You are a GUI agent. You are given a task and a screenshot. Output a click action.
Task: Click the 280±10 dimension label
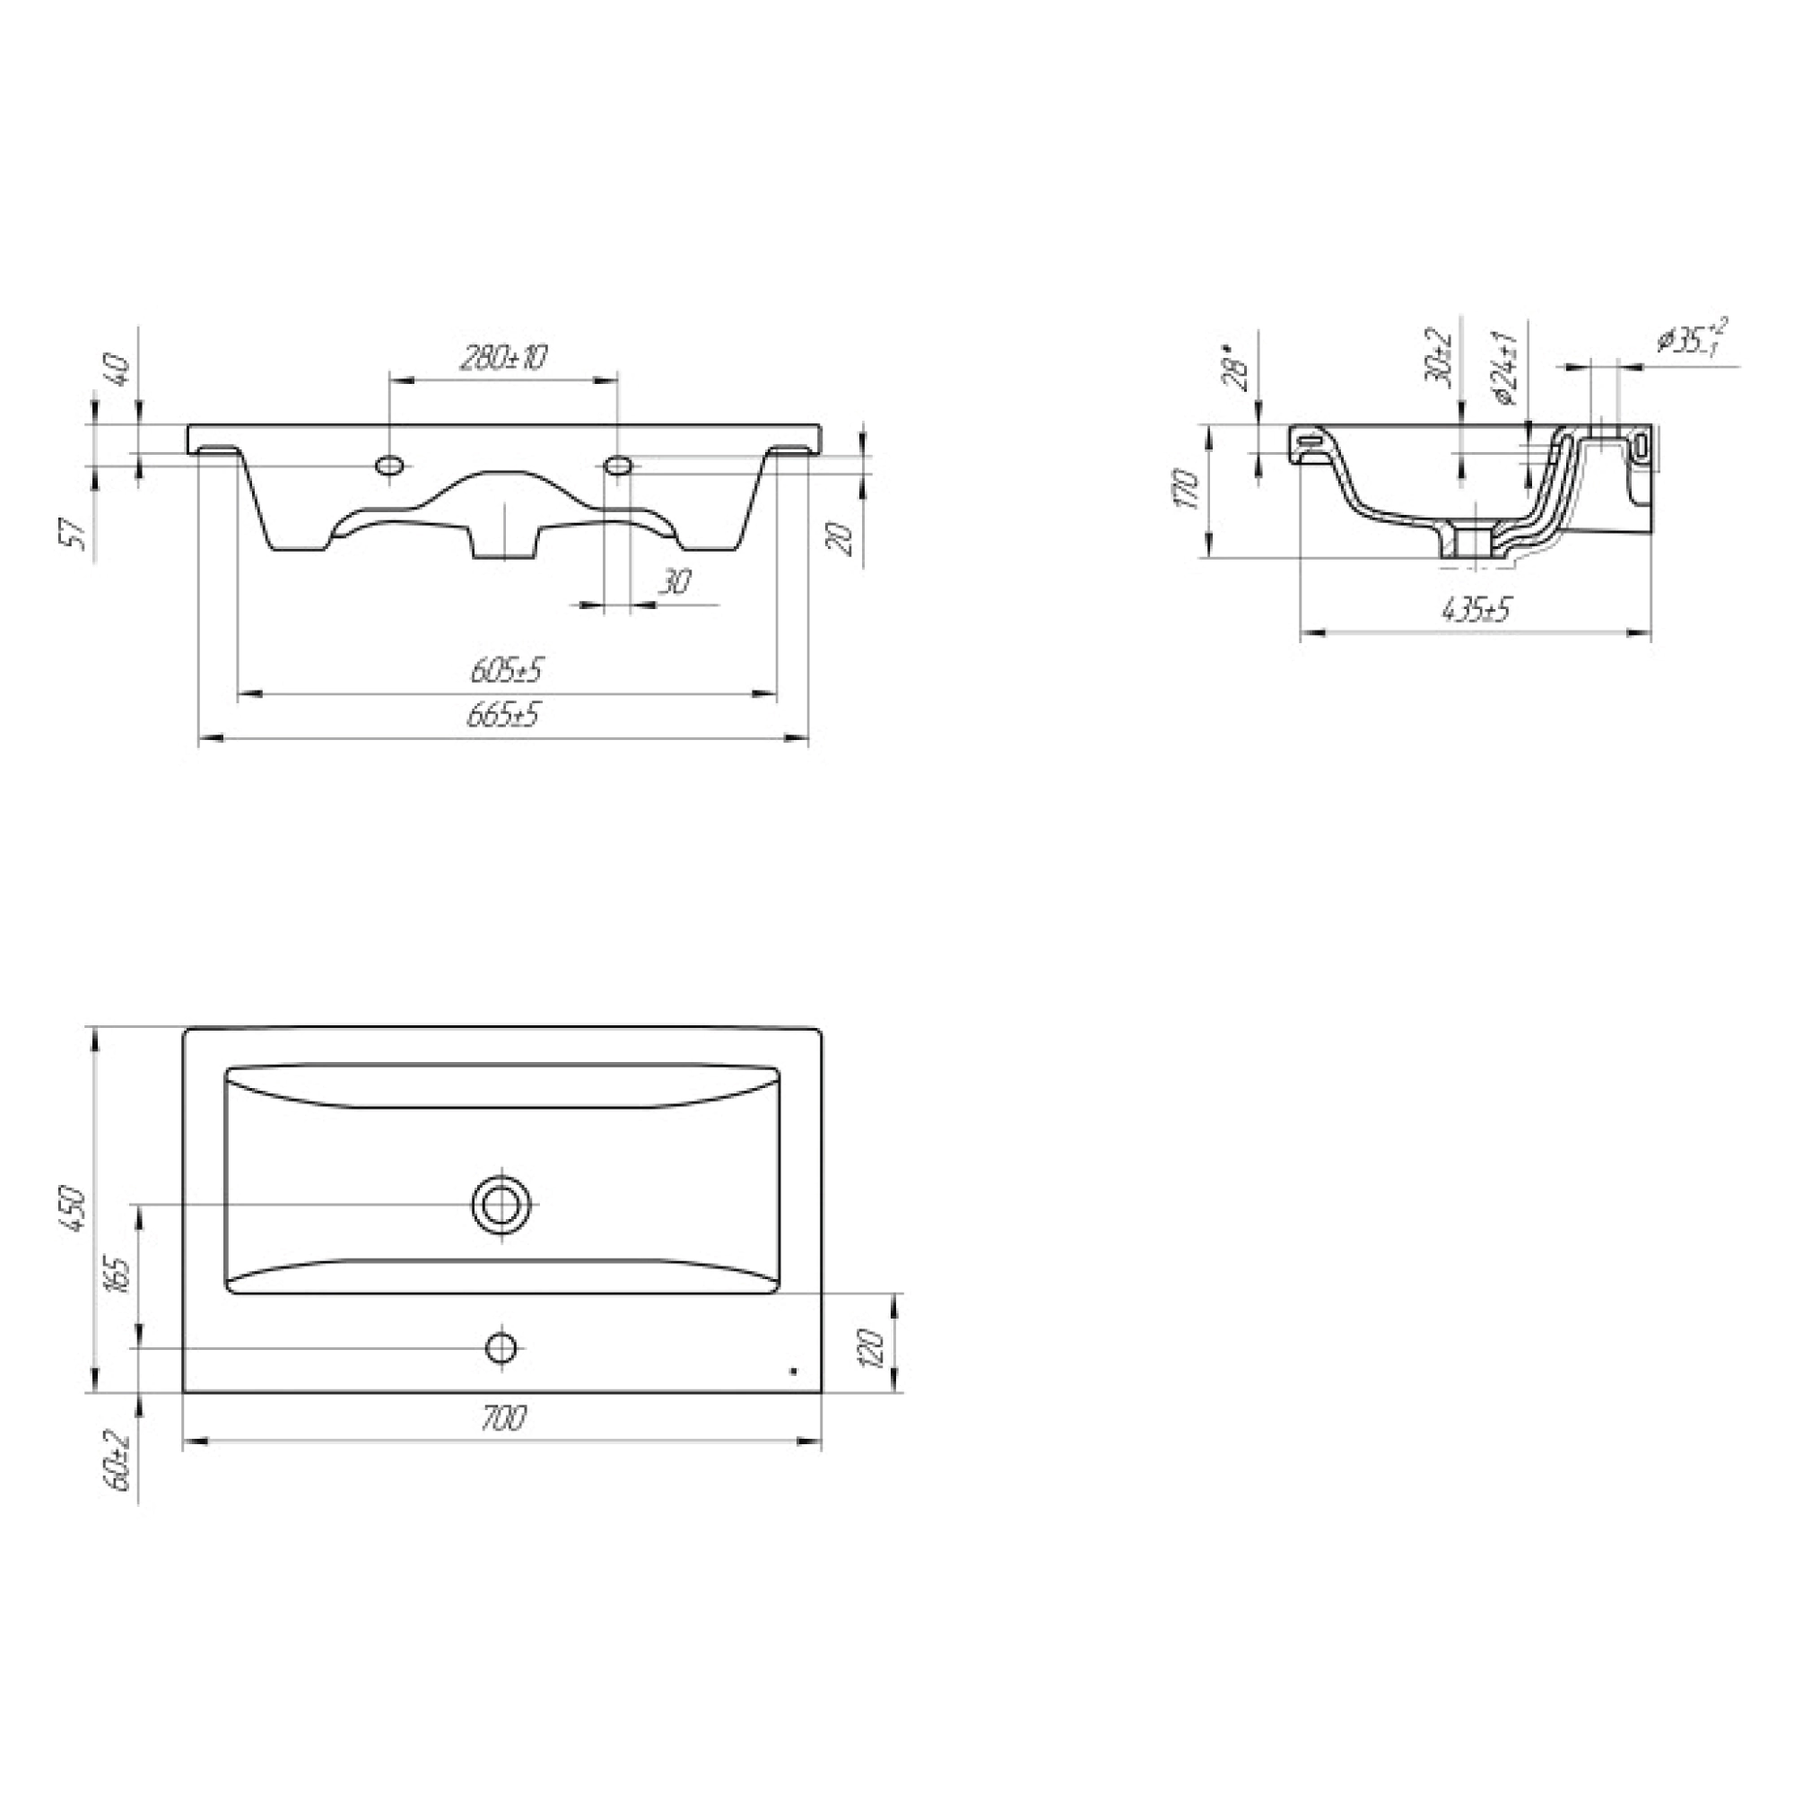pyautogui.click(x=504, y=357)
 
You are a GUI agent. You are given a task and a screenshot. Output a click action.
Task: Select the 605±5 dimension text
pyautogui.click(x=507, y=668)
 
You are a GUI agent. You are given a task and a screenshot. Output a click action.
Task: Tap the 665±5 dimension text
pyautogui.click(x=505, y=715)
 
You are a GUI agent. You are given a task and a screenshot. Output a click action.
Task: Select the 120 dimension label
pyautogui.click(x=872, y=1347)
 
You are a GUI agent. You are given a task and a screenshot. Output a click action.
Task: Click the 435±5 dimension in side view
pyautogui.click(x=1476, y=609)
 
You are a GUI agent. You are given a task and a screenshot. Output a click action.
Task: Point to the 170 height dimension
pyautogui.click(x=1189, y=489)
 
